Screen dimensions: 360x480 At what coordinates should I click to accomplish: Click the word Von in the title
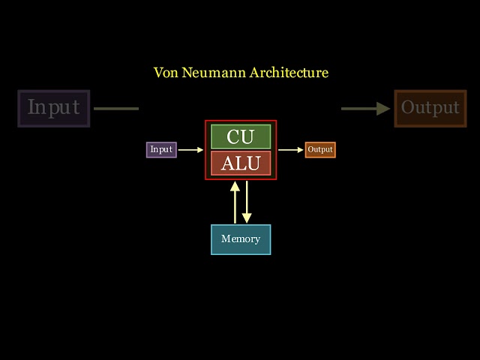point(164,73)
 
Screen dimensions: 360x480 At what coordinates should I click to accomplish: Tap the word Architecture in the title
point(289,73)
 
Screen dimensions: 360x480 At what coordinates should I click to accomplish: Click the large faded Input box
point(53,108)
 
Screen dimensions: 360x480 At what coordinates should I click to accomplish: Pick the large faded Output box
point(430,108)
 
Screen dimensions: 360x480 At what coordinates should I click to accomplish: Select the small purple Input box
point(161,149)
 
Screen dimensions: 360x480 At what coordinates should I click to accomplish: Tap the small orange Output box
point(320,149)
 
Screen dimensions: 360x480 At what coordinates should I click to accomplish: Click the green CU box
point(241,136)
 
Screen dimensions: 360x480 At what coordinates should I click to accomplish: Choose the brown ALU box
point(241,163)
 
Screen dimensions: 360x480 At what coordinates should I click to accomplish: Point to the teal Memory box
point(241,239)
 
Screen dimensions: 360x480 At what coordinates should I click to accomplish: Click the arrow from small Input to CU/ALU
point(190,149)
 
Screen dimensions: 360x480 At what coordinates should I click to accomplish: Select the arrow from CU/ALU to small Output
point(291,149)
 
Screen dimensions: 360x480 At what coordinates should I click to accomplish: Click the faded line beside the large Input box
point(116,109)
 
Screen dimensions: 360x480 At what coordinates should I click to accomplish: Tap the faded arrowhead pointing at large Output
point(384,109)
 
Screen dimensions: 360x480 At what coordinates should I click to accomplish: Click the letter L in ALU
point(241,163)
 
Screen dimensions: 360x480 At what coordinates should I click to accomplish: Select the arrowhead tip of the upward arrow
point(235,183)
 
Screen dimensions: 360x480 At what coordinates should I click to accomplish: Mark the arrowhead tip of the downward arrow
point(247,221)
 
